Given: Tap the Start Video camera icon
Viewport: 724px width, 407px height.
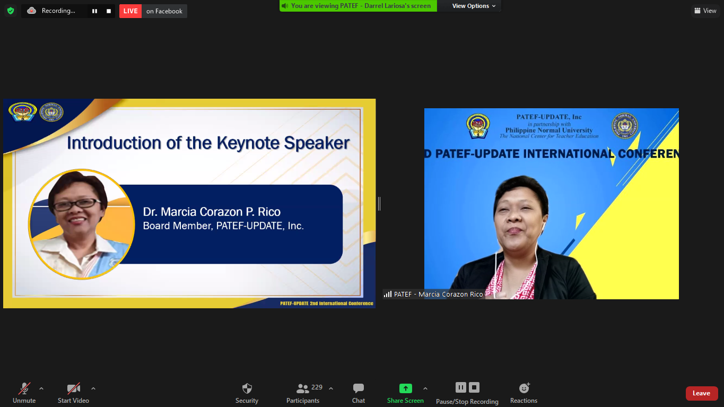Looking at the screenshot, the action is (73, 388).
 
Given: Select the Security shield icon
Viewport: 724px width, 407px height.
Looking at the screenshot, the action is (247, 388).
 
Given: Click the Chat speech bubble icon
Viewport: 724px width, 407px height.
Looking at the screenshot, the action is (359, 388).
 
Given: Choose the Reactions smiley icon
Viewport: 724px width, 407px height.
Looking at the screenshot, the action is (524, 388).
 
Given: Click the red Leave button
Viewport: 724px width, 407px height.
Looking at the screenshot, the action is (701, 393).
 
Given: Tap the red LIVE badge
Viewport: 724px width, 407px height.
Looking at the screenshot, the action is (130, 11).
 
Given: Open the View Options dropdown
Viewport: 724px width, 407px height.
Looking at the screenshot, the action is (474, 6).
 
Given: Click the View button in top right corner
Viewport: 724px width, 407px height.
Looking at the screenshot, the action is (705, 11).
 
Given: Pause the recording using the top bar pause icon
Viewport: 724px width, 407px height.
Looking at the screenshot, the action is (95, 11).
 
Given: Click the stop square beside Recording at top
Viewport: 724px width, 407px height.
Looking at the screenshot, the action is (109, 11).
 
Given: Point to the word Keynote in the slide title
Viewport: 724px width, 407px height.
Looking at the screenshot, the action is (248, 143).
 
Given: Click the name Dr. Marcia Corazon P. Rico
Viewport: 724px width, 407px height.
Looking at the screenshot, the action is (212, 212).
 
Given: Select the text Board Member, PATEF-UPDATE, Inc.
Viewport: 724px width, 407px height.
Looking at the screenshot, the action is (223, 226).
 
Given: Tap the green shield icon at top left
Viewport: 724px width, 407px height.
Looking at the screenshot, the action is (11, 11).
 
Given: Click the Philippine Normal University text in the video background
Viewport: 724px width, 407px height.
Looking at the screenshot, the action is (549, 131).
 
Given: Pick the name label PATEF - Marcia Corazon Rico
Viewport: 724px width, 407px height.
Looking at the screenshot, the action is (438, 294).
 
